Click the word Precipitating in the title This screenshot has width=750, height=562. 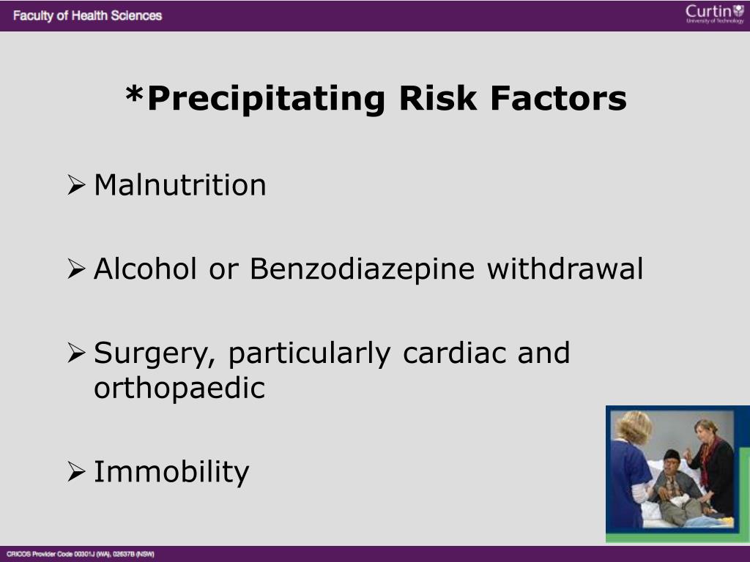[x=267, y=99]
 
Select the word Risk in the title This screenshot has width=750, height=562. [x=438, y=98]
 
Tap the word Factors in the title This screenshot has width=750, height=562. [x=559, y=98]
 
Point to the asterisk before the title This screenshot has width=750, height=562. [x=135, y=94]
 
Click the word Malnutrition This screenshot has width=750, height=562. [x=180, y=185]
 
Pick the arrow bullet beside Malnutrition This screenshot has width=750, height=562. [x=76, y=185]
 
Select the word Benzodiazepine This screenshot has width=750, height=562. [x=362, y=269]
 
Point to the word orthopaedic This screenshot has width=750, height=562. [x=179, y=389]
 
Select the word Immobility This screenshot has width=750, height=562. [x=171, y=472]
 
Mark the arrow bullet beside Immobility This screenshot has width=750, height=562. [x=76, y=472]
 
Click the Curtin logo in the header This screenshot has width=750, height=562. [x=715, y=13]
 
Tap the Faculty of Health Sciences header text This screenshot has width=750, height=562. [x=88, y=16]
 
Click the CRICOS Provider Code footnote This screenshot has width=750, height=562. [x=81, y=555]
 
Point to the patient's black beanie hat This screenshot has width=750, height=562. [x=672, y=454]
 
